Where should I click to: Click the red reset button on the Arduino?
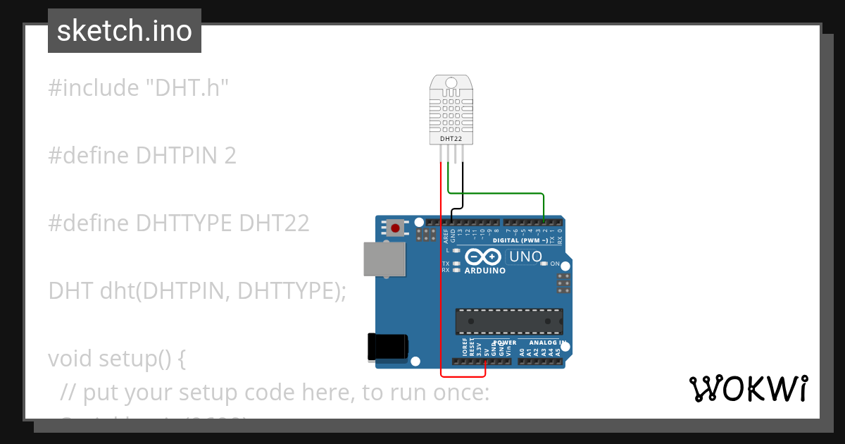396,228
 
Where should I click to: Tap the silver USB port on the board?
384,259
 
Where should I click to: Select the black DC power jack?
388,347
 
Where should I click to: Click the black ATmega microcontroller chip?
508,321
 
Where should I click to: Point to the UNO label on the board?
525,257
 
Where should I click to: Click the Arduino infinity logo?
484,257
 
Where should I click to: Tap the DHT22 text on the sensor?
451,139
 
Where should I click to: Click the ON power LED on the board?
544,264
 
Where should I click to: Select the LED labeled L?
456,250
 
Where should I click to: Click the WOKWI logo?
748,388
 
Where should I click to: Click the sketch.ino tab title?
125,31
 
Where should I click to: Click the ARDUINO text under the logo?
484,271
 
